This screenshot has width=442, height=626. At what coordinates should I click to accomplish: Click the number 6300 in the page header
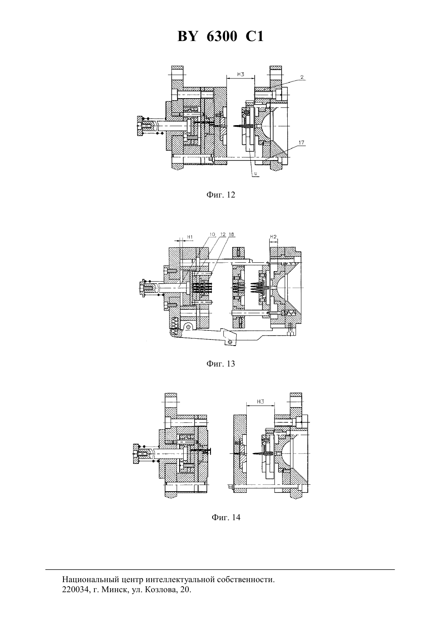pyautogui.click(x=222, y=36)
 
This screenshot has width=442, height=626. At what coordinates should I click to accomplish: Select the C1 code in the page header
pyautogui.click(x=254, y=36)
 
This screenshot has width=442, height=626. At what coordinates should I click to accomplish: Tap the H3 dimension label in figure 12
pyautogui.click(x=241, y=74)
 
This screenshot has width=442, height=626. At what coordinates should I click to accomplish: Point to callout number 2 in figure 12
pyautogui.click(x=302, y=76)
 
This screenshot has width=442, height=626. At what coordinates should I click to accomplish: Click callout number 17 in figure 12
pyautogui.click(x=301, y=143)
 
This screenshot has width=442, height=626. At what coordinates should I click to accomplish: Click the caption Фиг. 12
pyautogui.click(x=221, y=195)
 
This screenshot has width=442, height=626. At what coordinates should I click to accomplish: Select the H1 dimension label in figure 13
pyautogui.click(x=190, y=237)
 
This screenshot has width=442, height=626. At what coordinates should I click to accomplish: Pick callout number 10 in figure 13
pyautogui.click(x=213, y=235)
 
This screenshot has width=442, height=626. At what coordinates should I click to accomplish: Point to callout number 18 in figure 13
pyautogui.click(x=231, y=235)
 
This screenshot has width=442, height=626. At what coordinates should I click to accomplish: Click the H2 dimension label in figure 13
pyautogui.click(x=273, y=237)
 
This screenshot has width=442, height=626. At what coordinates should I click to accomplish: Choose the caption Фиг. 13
pyautogui.click(x=221, y=364)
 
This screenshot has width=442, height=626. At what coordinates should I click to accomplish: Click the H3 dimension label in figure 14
pyautogui.click(x=261, y=402)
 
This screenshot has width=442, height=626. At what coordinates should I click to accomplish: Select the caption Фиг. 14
pyautogui.click(x=226, y=517)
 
